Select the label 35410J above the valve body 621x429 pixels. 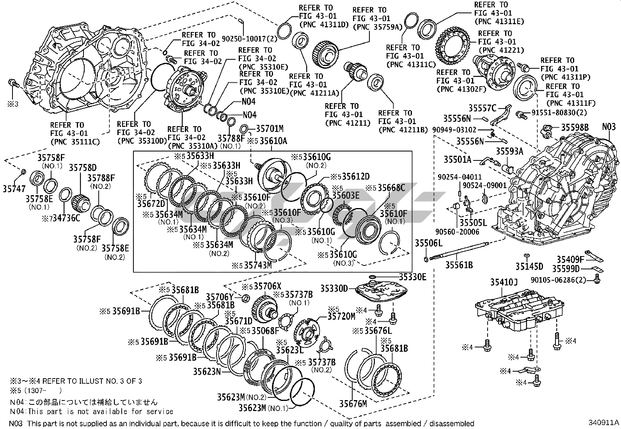pos(504,282)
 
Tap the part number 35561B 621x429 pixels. pos(459,265)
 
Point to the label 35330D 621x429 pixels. pos(334,288)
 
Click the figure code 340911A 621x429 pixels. pos(604,422)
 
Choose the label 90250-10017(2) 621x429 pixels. pos(249,39)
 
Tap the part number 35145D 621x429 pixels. pos(529,267)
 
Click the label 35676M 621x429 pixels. pos(353,404)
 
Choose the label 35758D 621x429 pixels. pos(83,168)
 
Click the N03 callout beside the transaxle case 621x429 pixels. pos(609,127)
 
